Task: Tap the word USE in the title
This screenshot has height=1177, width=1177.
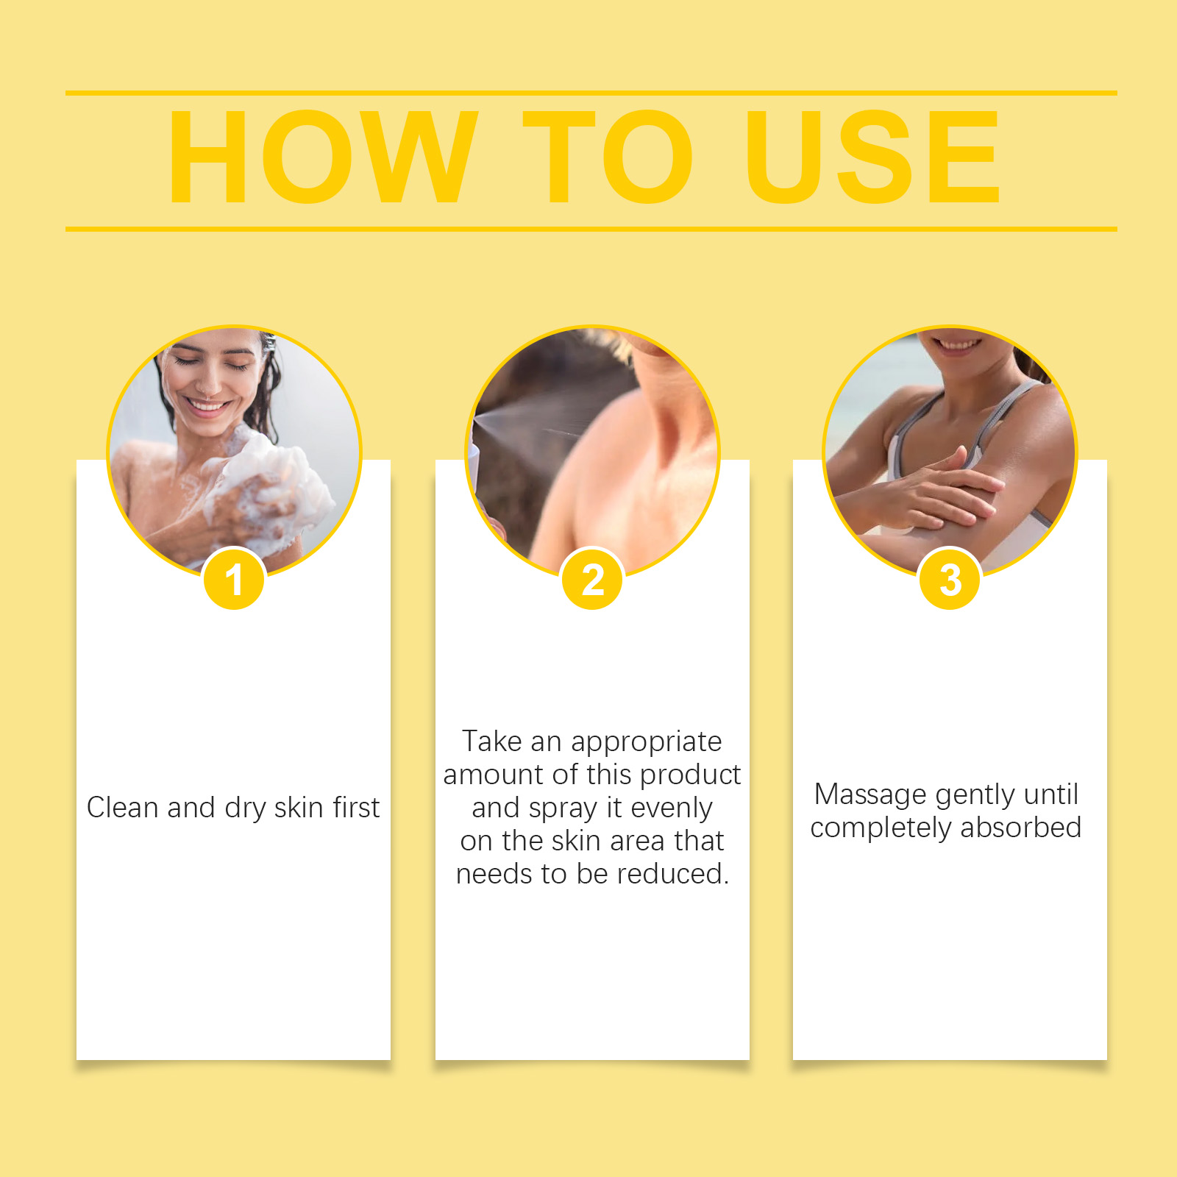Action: point(872,157)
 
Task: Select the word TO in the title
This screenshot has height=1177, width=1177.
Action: point(608,157)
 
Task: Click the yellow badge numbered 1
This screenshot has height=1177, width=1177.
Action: point(234,580)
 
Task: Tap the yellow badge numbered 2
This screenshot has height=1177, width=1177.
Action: point(592,580)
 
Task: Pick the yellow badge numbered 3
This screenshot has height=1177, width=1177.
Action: point(950,580)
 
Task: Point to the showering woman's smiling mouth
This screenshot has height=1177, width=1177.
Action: point(208,405)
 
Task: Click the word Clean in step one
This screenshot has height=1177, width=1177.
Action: point(123,807)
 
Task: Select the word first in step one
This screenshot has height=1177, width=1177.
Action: point(356,807)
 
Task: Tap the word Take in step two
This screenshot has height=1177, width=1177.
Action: point(492,741)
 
